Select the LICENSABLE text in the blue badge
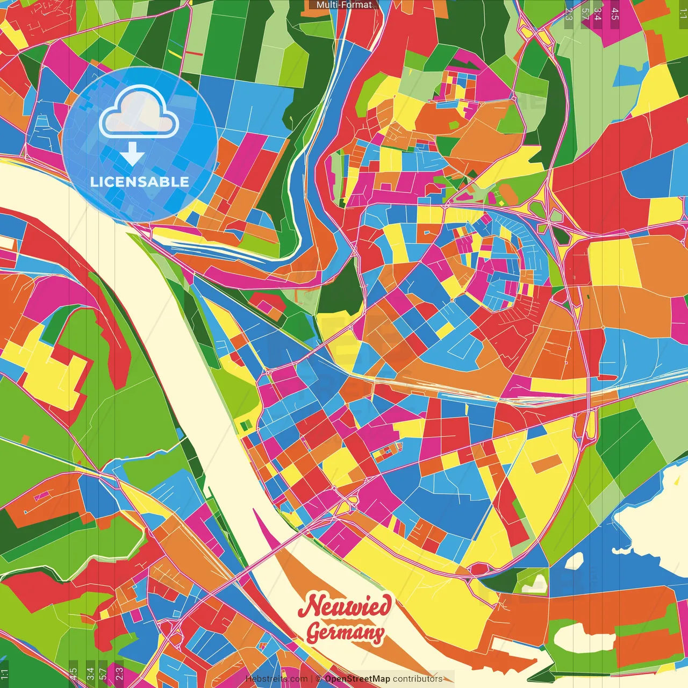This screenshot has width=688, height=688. coord(139,182)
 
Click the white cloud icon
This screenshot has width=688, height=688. coord(139,112)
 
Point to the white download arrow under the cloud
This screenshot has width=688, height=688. coord(132,155)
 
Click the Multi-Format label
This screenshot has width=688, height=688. coord(344,5)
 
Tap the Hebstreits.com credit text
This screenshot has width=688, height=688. coord(276,679)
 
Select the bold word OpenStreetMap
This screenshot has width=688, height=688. coord(357,679)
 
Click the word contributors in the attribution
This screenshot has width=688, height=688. coord(418,679)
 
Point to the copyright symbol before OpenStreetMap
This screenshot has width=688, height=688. coord(318,679)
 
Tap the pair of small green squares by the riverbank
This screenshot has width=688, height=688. coord(246,426)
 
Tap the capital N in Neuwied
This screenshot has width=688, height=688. coord(310,606)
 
